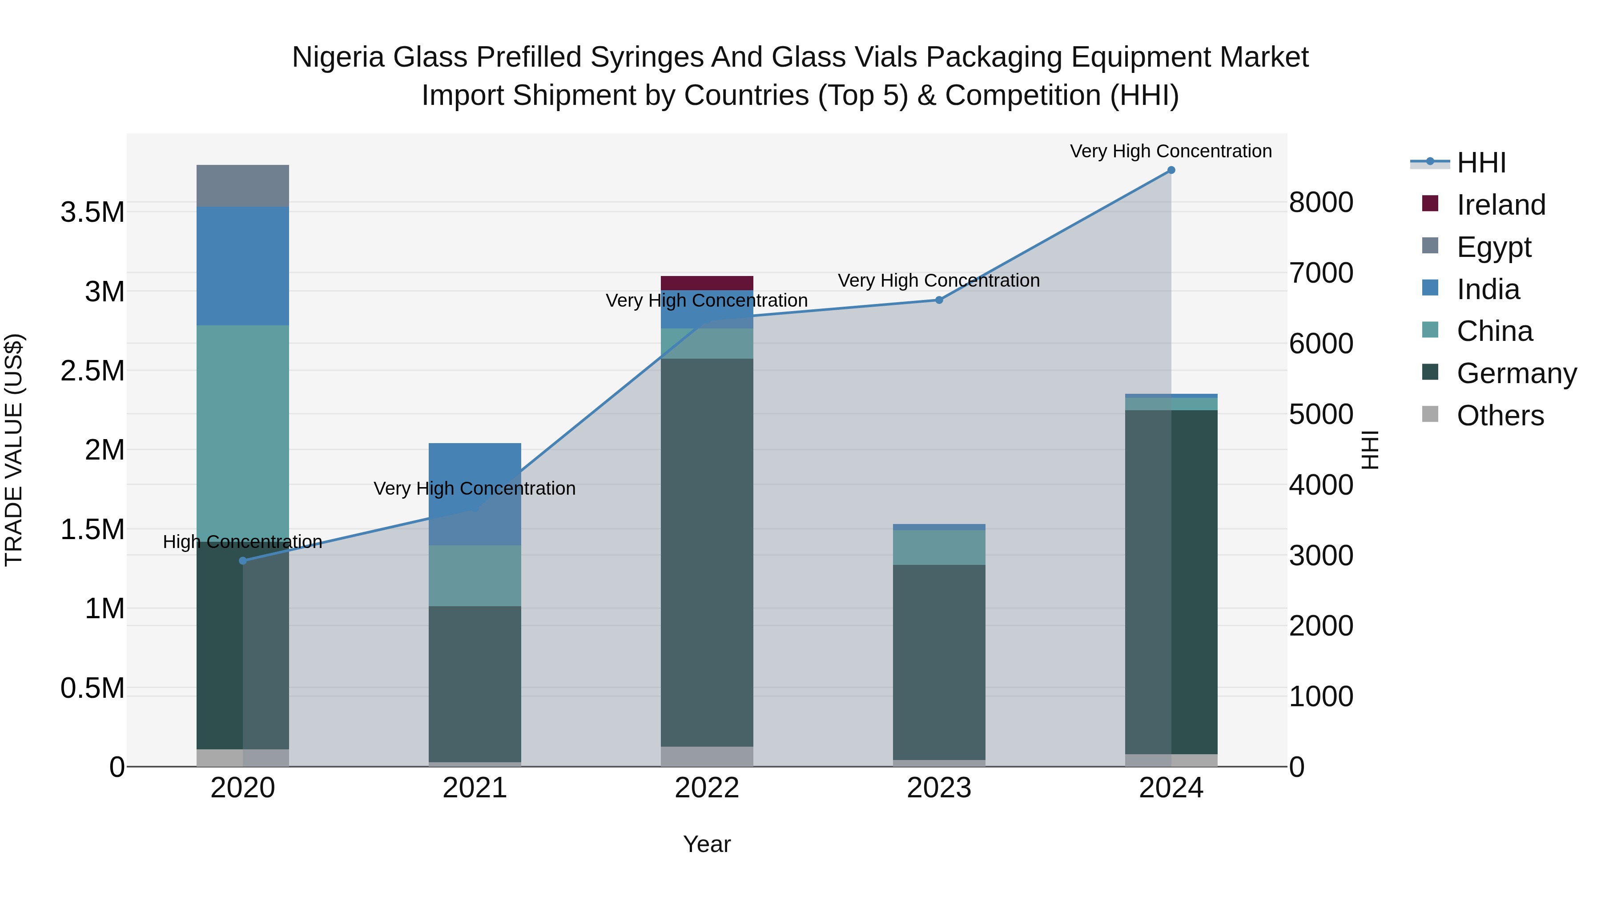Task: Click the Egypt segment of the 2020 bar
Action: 242,186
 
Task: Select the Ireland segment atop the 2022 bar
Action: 707,283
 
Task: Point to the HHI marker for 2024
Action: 1171,170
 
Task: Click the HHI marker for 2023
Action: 939,300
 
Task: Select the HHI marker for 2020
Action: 243,561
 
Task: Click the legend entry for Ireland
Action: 1500,205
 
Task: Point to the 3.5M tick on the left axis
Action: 92,212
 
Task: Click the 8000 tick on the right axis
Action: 1321,203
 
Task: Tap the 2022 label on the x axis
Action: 707,788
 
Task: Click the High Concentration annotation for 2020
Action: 242,542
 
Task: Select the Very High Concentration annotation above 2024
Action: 1171,152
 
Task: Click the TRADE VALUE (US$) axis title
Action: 14,450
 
